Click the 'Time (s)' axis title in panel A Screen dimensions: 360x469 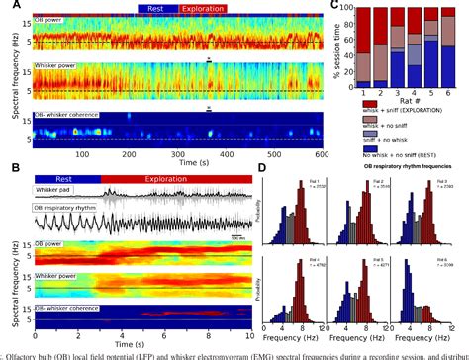click(179, 166)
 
